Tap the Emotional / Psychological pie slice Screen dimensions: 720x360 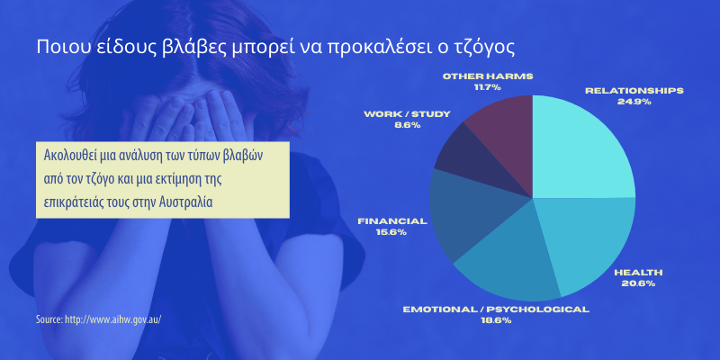coord(509,262)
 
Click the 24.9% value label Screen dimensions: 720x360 coord(634,102)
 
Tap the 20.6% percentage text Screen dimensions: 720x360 coord(638,283)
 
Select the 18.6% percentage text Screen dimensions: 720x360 coord(496,320)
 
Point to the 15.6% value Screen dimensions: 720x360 coord(391,232)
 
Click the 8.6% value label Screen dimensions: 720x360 coord(407,125)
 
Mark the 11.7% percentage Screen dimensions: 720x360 coord(488,87)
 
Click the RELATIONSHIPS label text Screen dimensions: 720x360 coord(634,91)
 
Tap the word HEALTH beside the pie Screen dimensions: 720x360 coord(638,273)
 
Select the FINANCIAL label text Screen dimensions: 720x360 coord(392,220)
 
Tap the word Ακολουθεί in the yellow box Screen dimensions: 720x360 coord(70,156)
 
